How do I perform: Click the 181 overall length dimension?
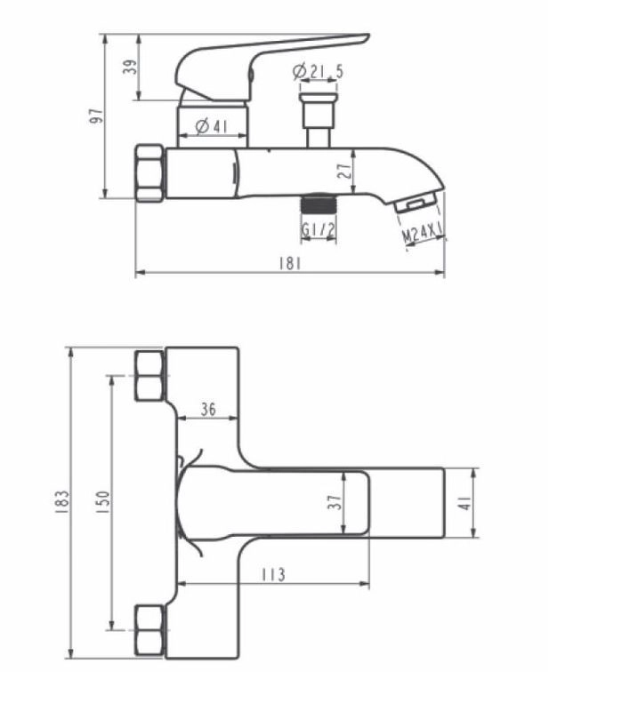[289, 263]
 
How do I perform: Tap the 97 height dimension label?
[96, 116]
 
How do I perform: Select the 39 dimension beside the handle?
[130, 68]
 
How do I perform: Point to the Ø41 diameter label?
[211, 126]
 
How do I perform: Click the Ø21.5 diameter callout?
[319, 71]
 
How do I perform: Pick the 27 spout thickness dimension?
[345, 171]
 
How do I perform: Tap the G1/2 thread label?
[319, 230]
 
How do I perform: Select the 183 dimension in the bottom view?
[61, 501]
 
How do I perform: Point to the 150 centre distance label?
[102, 501]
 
